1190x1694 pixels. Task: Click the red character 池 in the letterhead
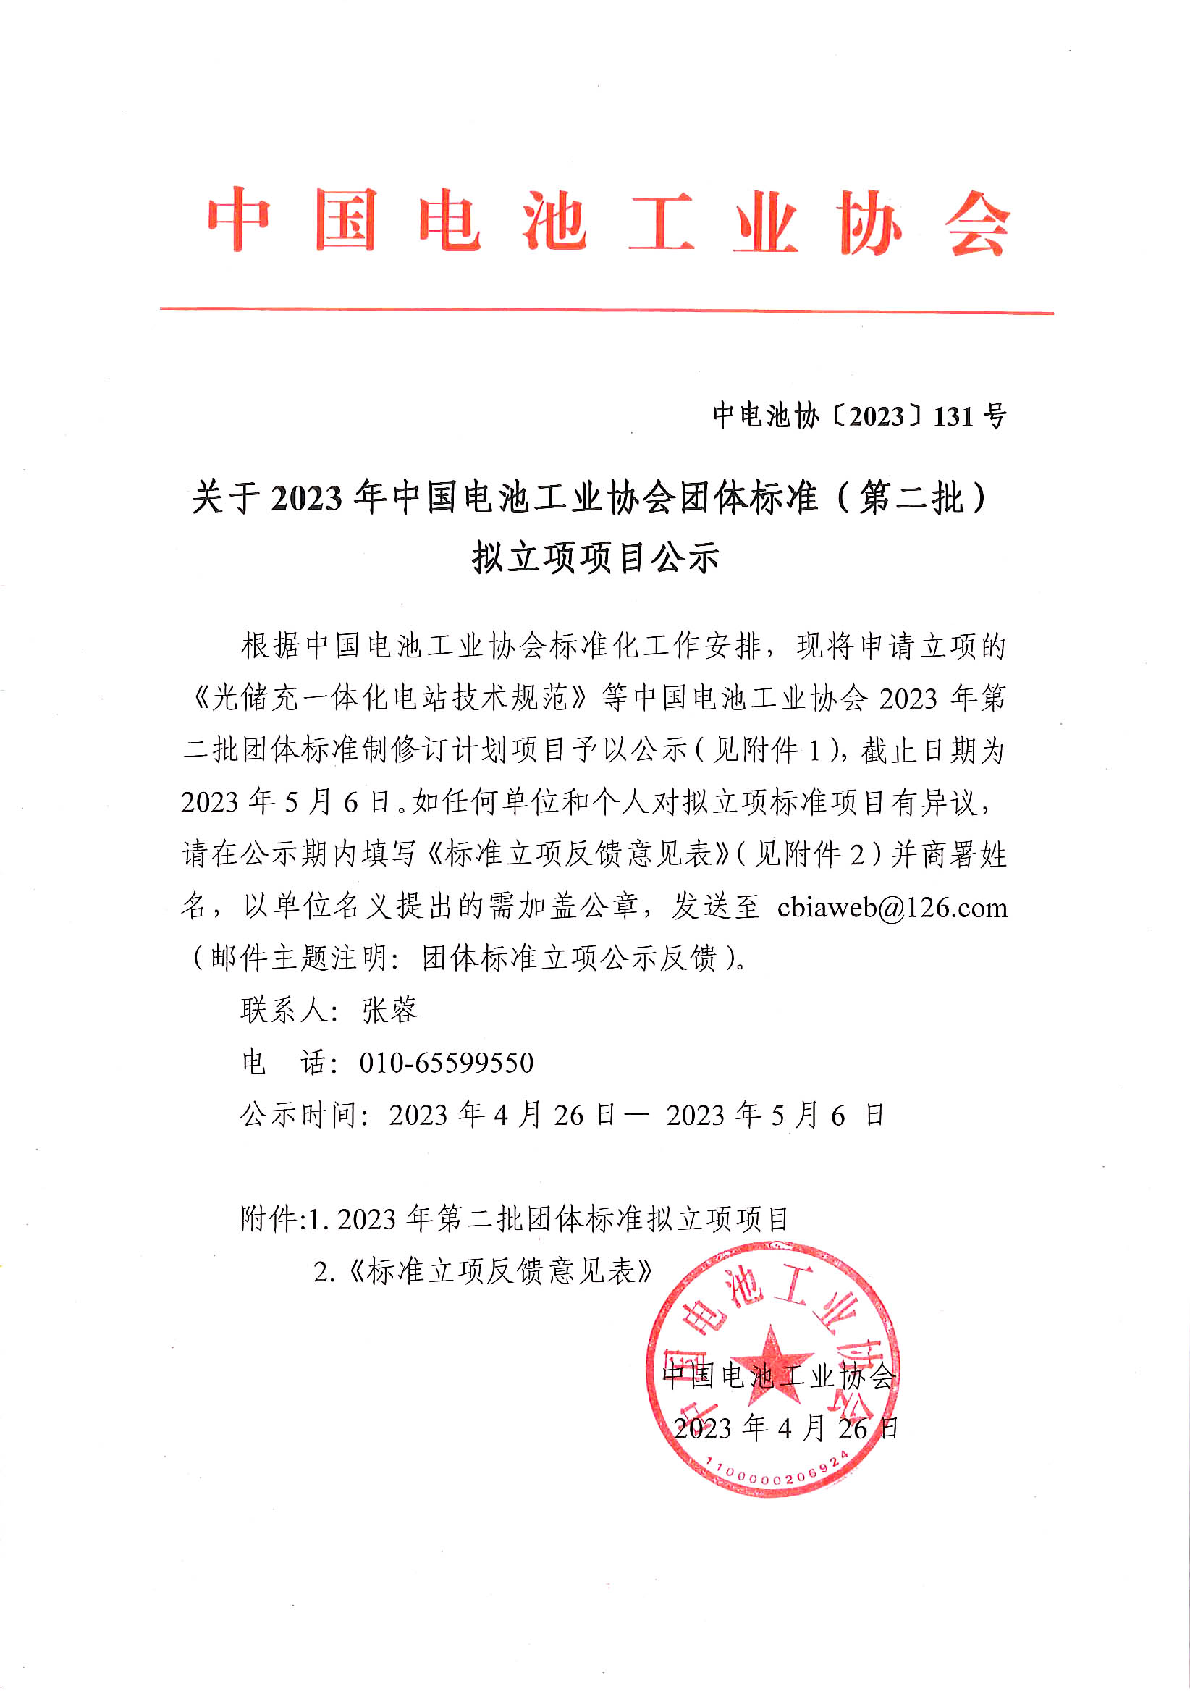554,220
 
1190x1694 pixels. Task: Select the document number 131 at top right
953,417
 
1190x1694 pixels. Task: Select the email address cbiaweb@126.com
892,908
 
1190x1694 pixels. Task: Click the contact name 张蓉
389,1011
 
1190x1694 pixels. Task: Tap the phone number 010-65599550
446,1063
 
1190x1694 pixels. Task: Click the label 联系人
284,1011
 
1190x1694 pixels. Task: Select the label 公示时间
300,1116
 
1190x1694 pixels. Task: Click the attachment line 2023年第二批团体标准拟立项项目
563,1219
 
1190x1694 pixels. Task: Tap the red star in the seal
771,1356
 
